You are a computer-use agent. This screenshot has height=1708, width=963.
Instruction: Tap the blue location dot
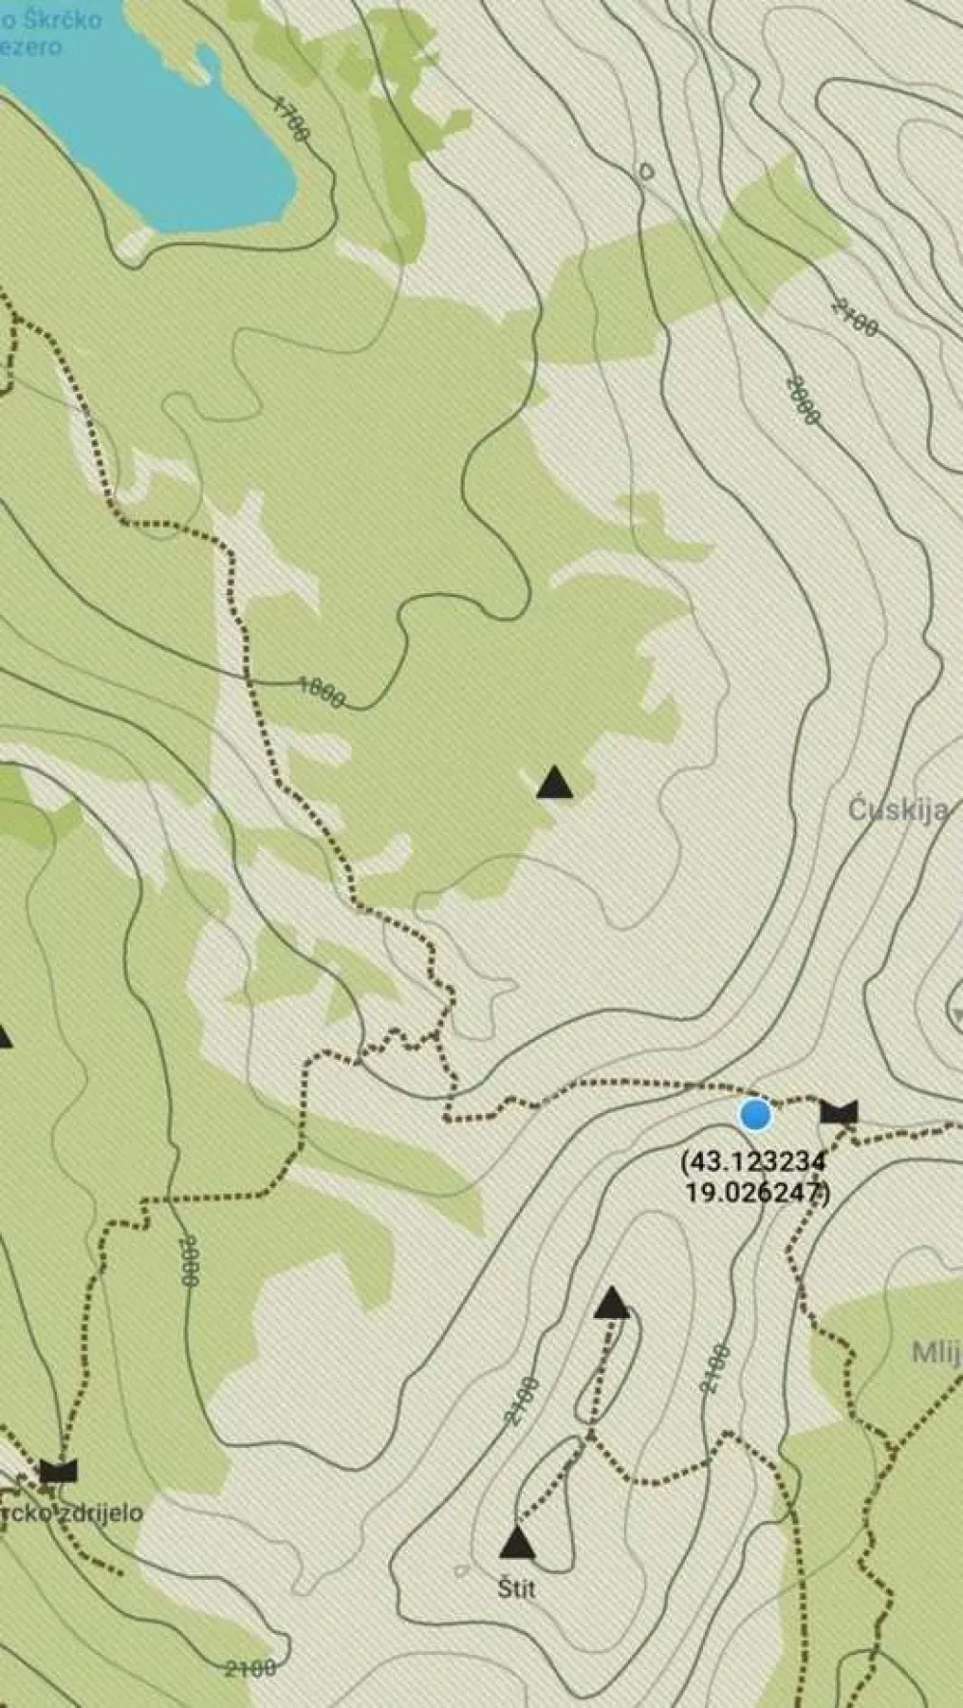pyautogui.click(x=755, y=1115)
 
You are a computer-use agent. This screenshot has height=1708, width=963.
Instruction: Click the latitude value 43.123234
pyautogui.click(x=754, y=1161)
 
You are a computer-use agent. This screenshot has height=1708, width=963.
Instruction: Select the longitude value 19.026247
pyautogui.click(x=756, y=1192)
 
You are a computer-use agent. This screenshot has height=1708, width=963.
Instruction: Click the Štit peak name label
pyautogui.click(x=517, y=1588)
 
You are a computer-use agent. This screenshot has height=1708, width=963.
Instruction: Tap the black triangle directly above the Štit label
pyautogui.click(x=517, y=1543)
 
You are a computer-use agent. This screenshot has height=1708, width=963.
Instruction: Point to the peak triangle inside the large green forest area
pyautogui.click(x=555, y=783)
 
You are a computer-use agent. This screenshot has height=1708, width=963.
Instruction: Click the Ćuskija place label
pyautogui.click(x=898, y=810)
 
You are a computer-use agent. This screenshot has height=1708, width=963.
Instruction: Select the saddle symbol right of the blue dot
pyautogui.click(x=839, y=1113)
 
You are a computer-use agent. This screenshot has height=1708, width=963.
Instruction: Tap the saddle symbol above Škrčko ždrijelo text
pyautogui.click(x=58, y=1470)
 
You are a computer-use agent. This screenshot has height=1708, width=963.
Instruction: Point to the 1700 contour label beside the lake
pyautogui.click(x=290, y=119)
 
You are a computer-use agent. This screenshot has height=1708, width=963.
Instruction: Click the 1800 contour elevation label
pyautogui.click(x=321, y=690)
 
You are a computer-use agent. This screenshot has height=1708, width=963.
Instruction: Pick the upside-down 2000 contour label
pyautogui.click(x=189, y=1261)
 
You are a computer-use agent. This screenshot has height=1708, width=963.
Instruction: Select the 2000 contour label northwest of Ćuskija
pyautogui.click(x=802, y=400)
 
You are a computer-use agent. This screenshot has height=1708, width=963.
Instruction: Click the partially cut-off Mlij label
pyautogui.click(x=936, y=1353)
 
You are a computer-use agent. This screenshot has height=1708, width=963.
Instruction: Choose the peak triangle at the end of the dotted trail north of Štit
pyautogui.click(x=612, y=1305)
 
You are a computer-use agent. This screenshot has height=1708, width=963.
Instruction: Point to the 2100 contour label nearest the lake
pyautogui.click(x=854, y=318)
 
